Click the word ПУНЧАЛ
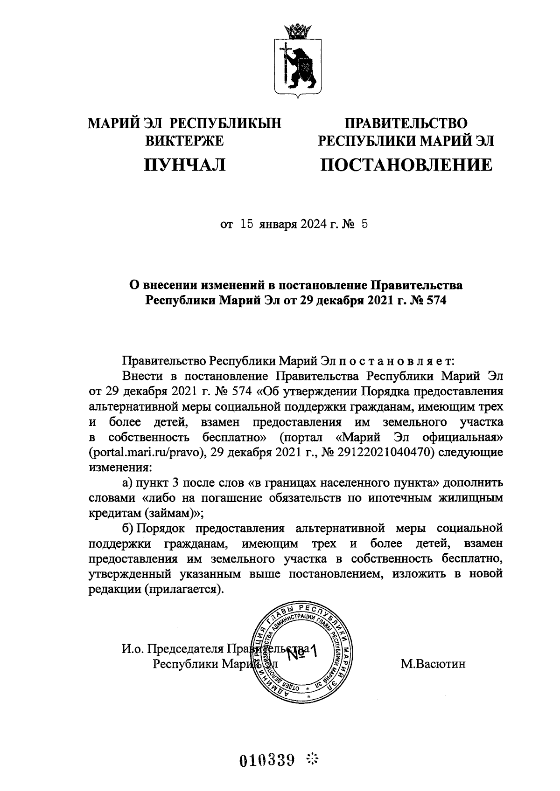point(185,165)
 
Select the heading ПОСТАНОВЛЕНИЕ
point(406,165)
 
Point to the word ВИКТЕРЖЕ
point(185,141)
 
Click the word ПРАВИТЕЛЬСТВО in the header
point(406,124)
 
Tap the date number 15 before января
point(247,225)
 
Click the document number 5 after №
point(364,225)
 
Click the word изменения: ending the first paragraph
point(120,467)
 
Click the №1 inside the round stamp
point(301,653)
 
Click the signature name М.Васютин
point(433,664)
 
